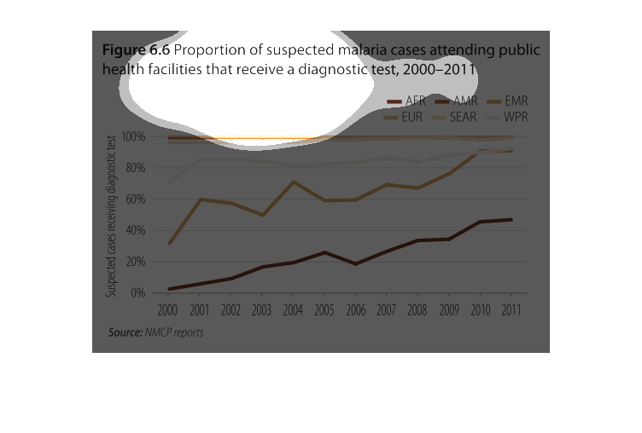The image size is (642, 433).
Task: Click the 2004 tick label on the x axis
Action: (x=293, y=309)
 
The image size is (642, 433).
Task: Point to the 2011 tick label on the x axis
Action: (x=511, y=309)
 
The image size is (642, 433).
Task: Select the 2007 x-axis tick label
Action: (x=386, y=309)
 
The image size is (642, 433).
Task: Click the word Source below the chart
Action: (x=125, y=332)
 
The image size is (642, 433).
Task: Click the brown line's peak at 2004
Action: (x=293, y=182)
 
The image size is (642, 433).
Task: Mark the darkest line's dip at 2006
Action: (x=355, y=264)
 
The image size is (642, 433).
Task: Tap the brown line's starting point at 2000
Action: (x=169, y=244)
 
